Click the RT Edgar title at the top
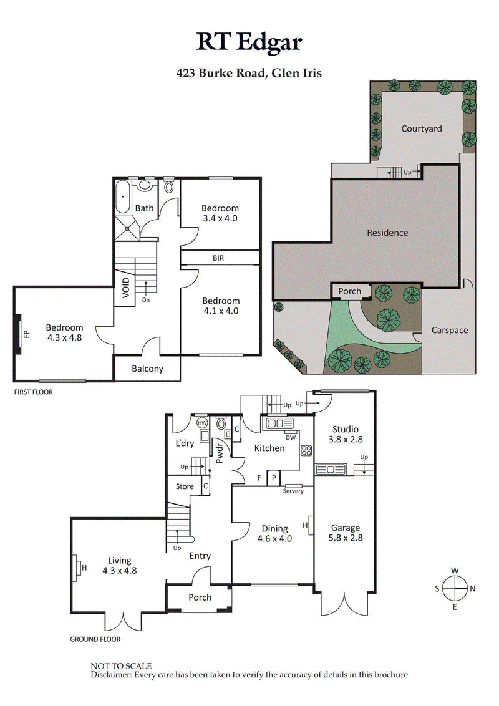[249, 42]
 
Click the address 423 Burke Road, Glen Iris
[249, 73]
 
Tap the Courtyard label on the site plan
[422, 128]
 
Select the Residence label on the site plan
[387, 233]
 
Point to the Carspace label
[449, 330]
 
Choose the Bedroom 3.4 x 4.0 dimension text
[220, 219]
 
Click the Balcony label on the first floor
[147, 369]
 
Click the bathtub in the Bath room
[123, 198]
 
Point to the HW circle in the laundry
[202, 423]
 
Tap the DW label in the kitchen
[290, 437]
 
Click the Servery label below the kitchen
[293, 491]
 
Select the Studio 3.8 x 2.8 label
[345, 434]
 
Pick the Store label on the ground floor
[184, 486]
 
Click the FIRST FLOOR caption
[33, 392]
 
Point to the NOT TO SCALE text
[121, 666]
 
